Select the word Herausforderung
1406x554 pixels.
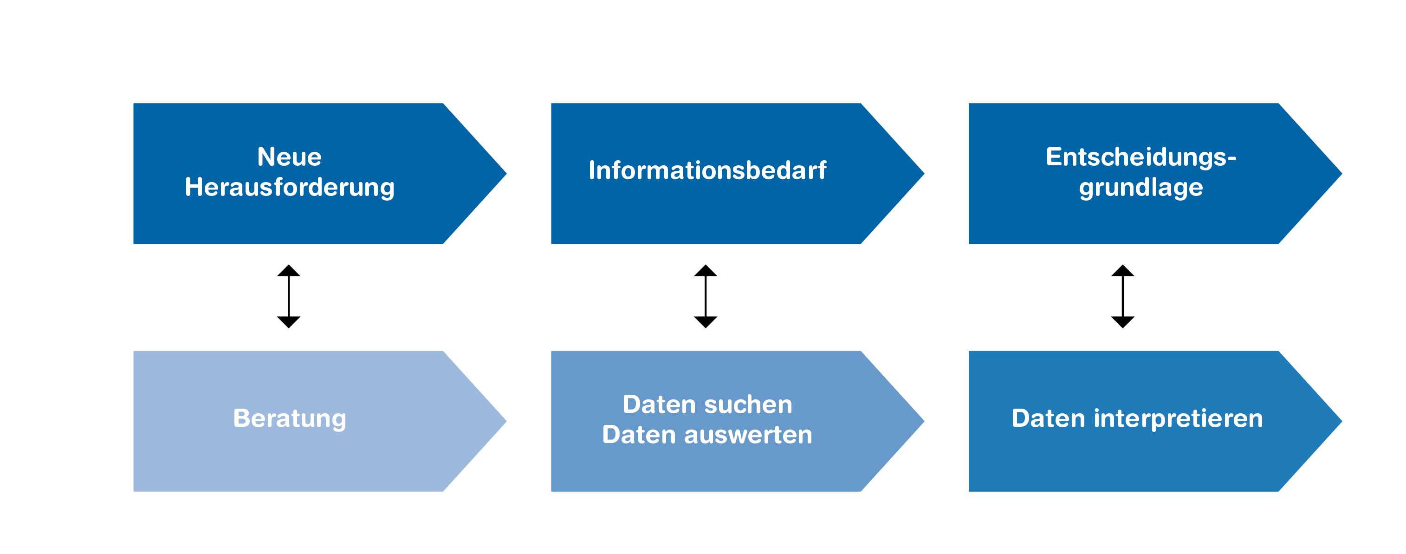(289, 188)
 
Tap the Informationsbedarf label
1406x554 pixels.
(707, 170)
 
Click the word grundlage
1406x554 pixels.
(1141, 188)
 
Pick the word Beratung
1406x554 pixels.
(289, 419)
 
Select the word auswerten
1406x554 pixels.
(748, 436)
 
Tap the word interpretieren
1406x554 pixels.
(1179, 419)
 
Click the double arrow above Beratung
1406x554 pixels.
(289, 296)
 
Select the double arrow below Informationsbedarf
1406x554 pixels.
(706, 296)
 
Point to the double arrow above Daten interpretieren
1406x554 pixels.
(1123, 296)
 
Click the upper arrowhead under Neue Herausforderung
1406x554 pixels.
(289, 271)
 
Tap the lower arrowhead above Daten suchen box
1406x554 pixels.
(706, 322)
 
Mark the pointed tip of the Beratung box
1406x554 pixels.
(506, 421)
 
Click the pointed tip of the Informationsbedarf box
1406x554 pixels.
(924, 174)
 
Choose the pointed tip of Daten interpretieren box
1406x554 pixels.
(1341, 421)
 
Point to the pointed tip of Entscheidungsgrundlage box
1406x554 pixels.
(1341, 174)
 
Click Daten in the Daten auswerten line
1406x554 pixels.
(639, 436)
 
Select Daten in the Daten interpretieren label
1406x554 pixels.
(1049, 419)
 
